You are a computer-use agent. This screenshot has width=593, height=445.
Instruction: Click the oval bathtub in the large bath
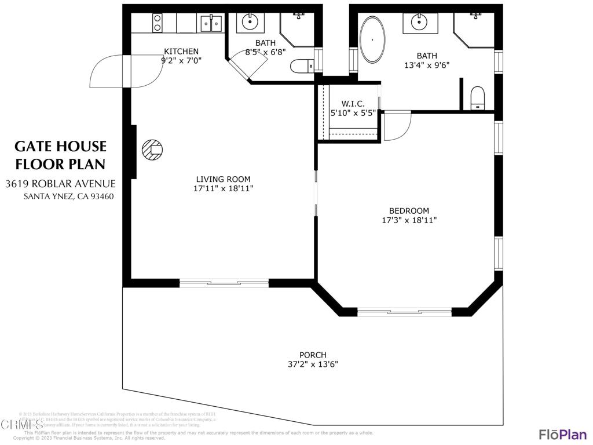(x=371, y=40)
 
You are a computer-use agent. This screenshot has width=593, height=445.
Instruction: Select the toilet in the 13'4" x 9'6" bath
(x=477, y=99)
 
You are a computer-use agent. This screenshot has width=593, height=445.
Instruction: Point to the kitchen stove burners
(x=157, y=23)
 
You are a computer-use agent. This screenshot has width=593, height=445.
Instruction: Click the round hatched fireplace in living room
(x=153, y=151)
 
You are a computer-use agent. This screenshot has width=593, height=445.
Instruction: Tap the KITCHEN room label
(x=181, y=51)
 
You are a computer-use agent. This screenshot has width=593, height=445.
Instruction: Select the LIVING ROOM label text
(x=223, y=180)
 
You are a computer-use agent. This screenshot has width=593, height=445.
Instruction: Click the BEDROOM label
(x=409, y=211)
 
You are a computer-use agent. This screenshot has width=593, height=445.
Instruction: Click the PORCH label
(x=313, y=355)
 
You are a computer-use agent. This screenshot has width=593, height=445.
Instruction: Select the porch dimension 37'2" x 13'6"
(x=313, y=364)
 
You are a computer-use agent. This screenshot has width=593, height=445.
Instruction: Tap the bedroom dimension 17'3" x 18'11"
(x=409, y=220)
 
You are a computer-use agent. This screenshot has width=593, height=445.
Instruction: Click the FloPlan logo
(x=562, y=434)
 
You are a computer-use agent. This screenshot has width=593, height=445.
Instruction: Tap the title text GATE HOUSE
(x=60, y=146)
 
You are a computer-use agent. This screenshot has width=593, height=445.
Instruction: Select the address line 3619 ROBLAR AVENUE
(x=60, y=184)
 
